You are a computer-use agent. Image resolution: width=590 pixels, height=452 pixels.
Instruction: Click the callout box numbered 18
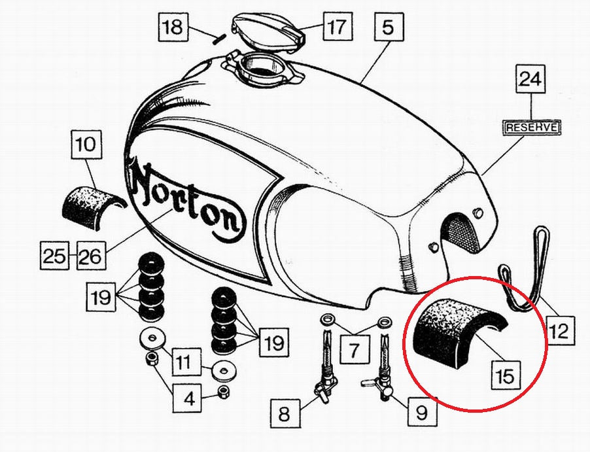(x=173, y=27)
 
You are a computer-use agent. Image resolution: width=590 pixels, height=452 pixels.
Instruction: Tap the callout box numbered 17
(x=338, y=26)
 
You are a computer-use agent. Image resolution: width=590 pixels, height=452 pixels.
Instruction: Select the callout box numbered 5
(x=388, y=27)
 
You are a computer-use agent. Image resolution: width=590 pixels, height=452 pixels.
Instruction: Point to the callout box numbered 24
(x=530, y=79)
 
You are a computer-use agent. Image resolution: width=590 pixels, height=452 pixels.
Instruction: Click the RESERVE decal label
(x=532, y=127)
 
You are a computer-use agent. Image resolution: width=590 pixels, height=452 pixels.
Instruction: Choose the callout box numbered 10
(x=86, y=144)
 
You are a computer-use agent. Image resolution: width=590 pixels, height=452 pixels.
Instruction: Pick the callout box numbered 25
(x=54, y=255)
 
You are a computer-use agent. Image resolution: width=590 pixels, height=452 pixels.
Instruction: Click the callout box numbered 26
(x=92, y=255)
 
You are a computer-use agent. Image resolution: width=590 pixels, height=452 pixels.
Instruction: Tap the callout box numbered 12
(x=561, y=330)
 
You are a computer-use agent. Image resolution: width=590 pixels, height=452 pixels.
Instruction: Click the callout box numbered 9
(x=422, y=411)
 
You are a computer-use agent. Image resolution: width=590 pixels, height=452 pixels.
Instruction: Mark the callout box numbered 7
(x=354, y=350)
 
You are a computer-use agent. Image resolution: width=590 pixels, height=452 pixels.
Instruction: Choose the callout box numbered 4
(x=187, y=398)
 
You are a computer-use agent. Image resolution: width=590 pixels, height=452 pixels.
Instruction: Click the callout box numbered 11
(x=187, y=362)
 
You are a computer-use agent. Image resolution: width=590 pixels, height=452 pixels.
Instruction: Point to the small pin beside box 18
(x=219, y=39)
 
